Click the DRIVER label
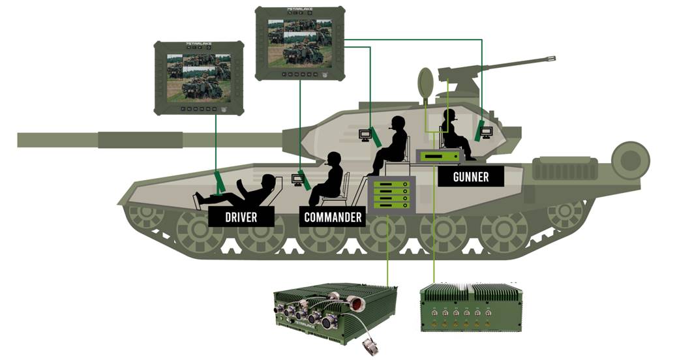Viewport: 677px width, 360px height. pyautogui.click(x=241, y=217)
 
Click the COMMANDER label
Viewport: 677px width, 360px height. pyautogui.click(x=333, y=217)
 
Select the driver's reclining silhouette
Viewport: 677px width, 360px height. pyautogui.click(x=248, y=190)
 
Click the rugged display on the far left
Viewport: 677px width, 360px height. pyautogui.click(x=199, y=78)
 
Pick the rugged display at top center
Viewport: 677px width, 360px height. pyautogui.click(x=299, y=43)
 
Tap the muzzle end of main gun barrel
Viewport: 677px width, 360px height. pyautogui.click(x=26, y=140)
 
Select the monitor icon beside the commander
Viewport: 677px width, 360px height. pyautogui.click(x=298, y=180)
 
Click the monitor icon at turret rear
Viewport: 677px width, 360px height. pyautogui.click(x=485, y=133)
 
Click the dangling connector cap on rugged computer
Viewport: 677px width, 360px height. pyautogui.click(x=369, y=347)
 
